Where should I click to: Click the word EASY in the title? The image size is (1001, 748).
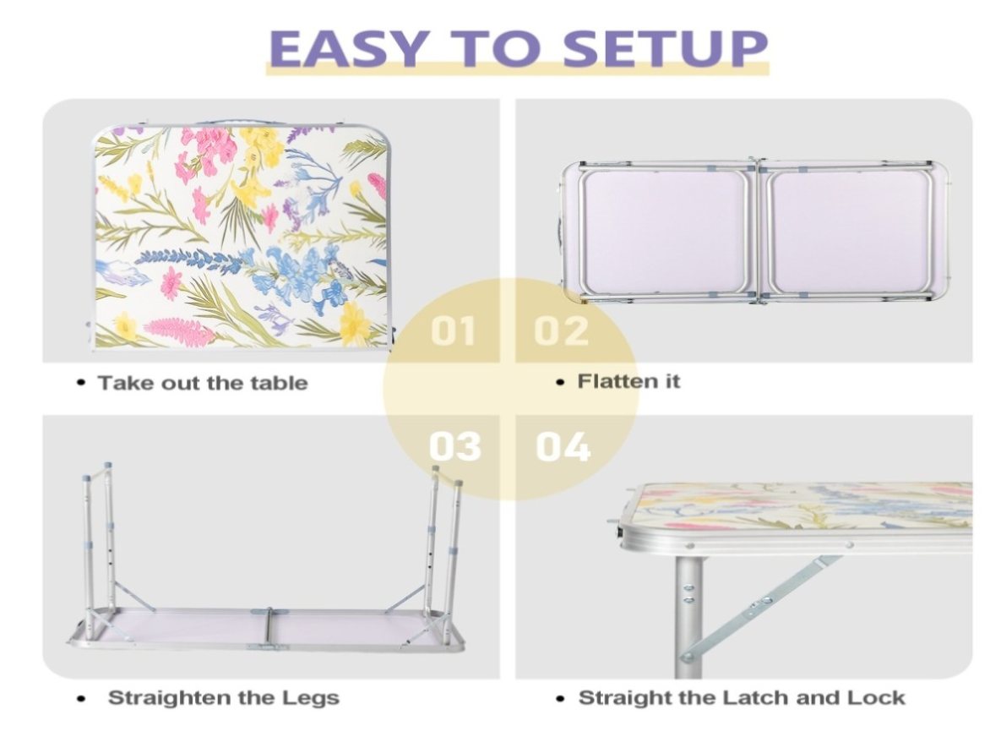(x=347, y=48)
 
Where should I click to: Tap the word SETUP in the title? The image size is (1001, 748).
(x=665, y=48)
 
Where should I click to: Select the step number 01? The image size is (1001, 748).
(x=453, y=330)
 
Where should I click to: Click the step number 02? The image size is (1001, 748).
(x=561, y=330)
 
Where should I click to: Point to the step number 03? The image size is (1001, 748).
(x=454, y=446)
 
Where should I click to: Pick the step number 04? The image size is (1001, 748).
(x=563, y=446)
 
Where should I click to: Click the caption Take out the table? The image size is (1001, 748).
(x=203, y=383)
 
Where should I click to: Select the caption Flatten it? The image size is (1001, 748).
(x=628, y=380)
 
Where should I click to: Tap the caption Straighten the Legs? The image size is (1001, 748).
(x=224, y=697)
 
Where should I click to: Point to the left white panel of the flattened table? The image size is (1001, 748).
(x=664, y=231)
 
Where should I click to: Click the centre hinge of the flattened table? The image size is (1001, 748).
(x=758, y=231)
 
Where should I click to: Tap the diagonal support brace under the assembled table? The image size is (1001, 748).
(x=759, y=608)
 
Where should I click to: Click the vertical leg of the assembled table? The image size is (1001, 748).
(x=689, y=617)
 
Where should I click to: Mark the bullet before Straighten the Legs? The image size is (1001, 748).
(x=80, y=698)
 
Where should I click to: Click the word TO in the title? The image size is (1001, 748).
(x=493, y=48)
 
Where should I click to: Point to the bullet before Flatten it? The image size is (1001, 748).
(x=560, y=382)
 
